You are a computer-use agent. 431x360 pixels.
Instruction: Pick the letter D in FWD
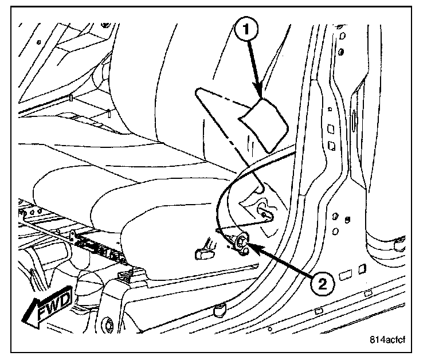pos(64,298)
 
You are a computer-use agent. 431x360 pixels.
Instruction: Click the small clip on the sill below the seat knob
pos(218,310)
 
